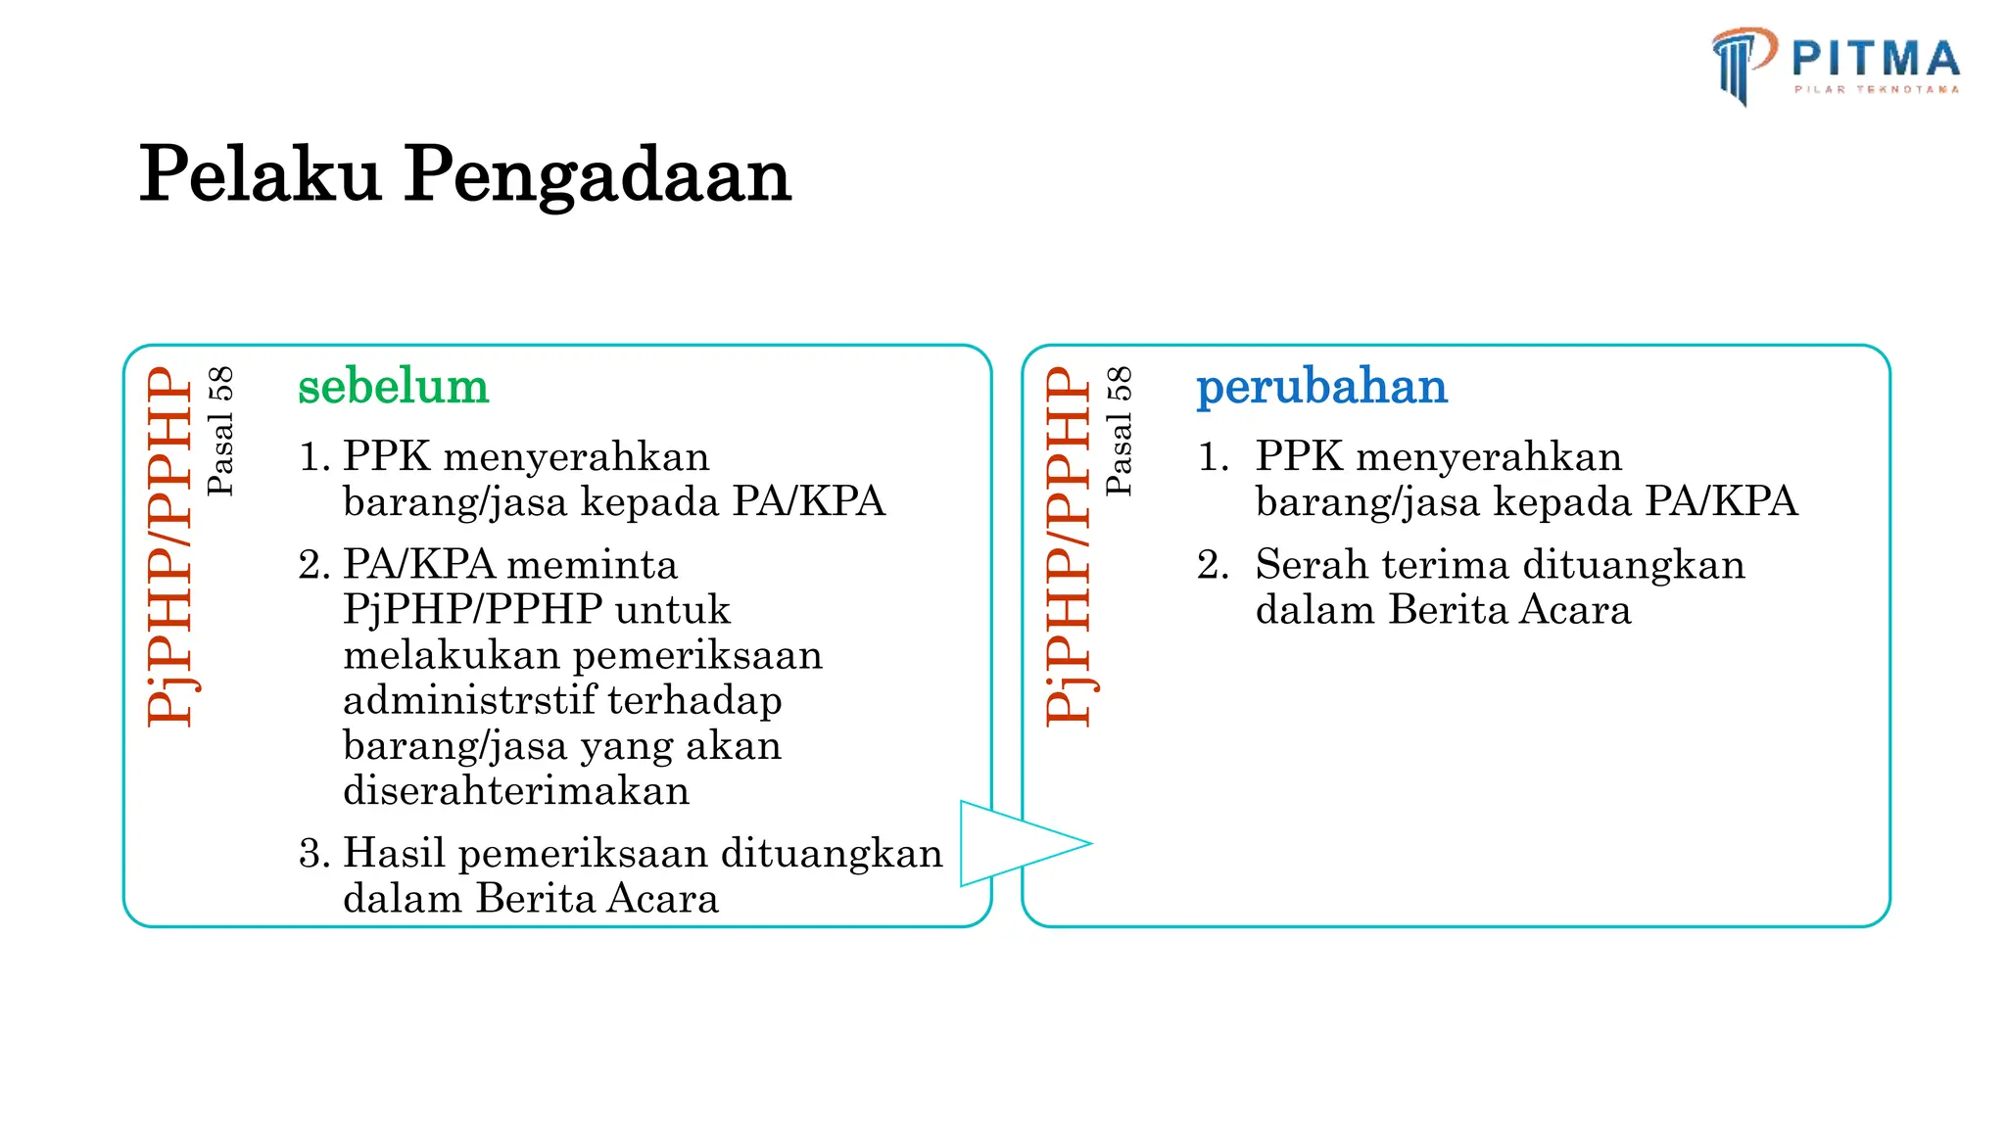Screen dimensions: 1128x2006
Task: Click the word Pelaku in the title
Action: (x=260, y=174)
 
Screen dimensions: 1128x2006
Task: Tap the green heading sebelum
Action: (x=393, y=386)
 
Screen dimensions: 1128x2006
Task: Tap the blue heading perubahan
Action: (x=1321, y=386)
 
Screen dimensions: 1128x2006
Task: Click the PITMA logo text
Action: (x=1875, y=59)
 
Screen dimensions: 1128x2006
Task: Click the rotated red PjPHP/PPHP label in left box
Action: (x=170, y=546)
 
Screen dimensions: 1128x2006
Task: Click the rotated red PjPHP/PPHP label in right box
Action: (x=1069, y=546)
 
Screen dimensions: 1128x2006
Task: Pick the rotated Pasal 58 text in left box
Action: (x=220, y=431)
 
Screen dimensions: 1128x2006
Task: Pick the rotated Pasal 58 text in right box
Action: (x=1119, y=431)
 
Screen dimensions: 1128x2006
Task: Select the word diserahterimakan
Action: (x=516, y=790)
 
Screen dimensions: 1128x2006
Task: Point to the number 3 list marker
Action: (x=312, y=854)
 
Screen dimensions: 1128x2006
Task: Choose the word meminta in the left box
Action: (x=593, y=565)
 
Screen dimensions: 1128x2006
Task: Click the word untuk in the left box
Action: (x=672, y=610)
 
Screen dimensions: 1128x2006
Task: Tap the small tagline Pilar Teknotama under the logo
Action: (x=1876, y=89)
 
